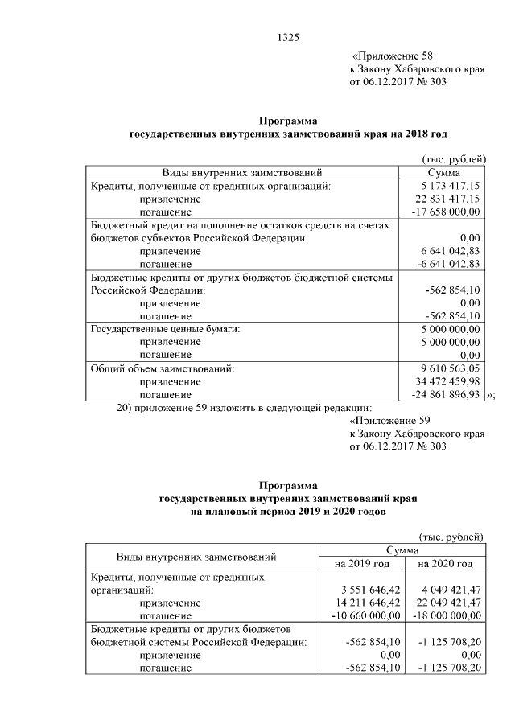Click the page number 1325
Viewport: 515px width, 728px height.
click(x=287, y=36)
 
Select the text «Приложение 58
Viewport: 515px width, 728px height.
click(x=393, y=56)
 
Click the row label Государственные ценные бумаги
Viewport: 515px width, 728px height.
click(x=167, y=329)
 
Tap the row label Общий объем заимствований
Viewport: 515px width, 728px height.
click(x=163, y=368)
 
